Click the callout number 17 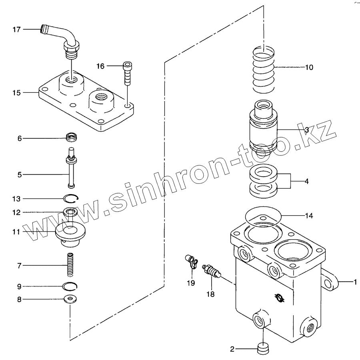click(16, 30)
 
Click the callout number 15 click(16, 93)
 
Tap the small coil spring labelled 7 click(71, 265)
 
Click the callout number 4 click(306, 181)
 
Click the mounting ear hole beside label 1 click(330, 282)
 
